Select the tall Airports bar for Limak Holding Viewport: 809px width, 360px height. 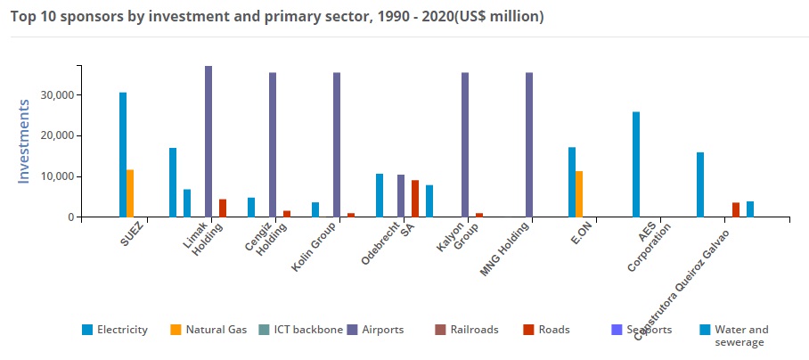click(208, 142)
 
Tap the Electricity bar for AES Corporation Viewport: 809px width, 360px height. click(636, 164)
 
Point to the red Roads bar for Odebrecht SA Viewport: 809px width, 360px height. click(415, 199)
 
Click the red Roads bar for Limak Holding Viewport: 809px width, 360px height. click(223, 208)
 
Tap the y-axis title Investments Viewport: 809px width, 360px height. click(24, 141)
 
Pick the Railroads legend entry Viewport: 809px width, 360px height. click(474, 330)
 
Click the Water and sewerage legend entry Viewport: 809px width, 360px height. click(740, 335)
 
